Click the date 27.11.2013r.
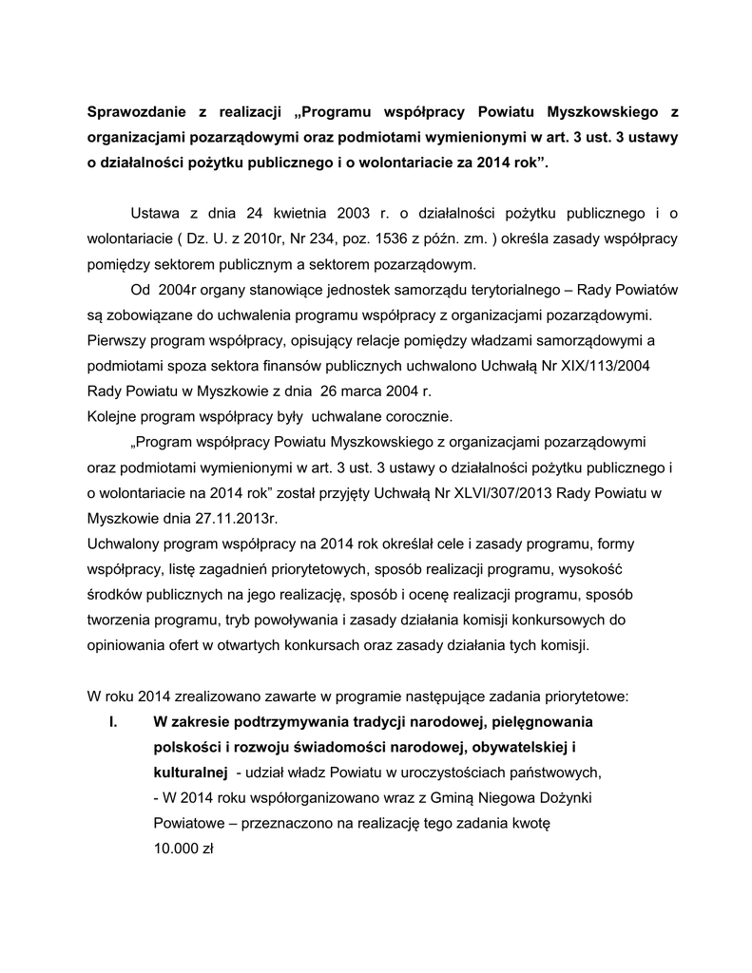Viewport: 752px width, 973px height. point(235,520)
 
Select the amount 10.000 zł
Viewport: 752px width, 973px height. point(183,849)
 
